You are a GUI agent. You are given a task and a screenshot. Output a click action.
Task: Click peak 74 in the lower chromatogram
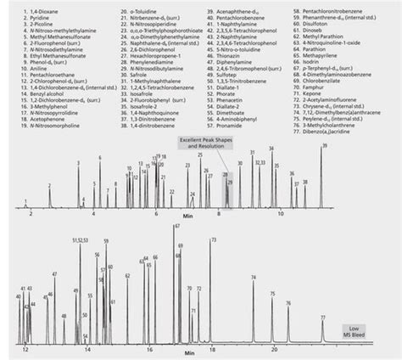(254, 278)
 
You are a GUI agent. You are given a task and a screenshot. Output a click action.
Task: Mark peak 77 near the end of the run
(322, 318)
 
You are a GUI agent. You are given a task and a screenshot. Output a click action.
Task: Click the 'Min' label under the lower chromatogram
(177, 352)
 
